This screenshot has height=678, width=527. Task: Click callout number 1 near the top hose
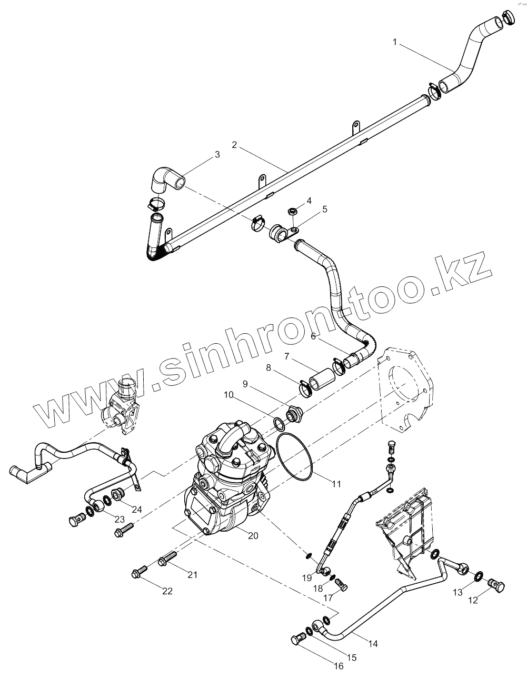pos(394,42)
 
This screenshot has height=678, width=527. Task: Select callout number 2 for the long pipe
pos(235,144)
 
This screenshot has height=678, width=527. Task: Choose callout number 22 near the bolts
pos(167,591)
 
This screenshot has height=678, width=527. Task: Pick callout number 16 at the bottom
pos(338,665)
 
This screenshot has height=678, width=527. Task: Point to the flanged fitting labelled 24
pos(118,494)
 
